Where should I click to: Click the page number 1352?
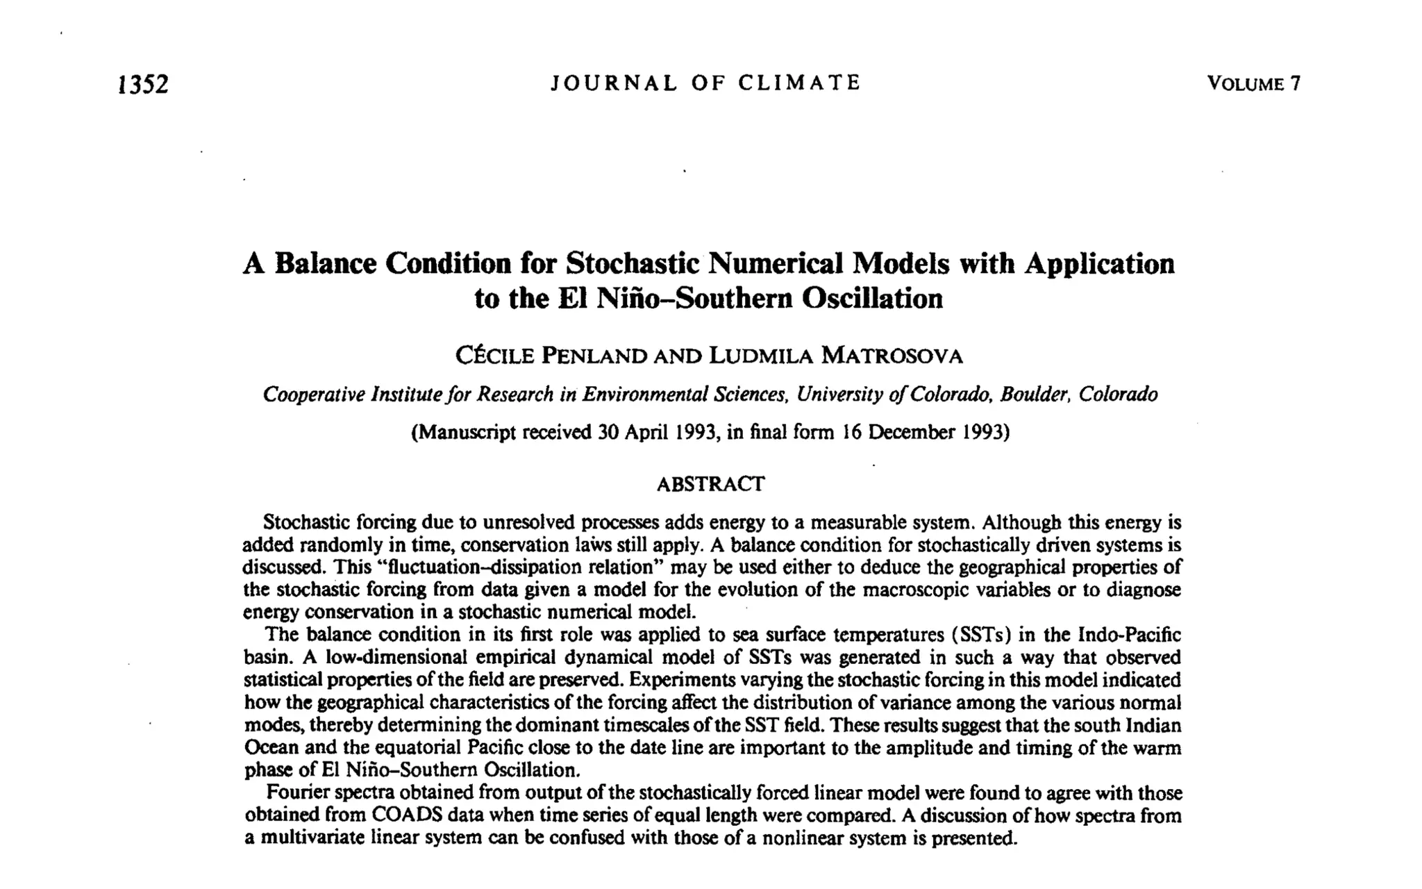tap(144, 84)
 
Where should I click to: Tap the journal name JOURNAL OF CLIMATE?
tap(705, 83)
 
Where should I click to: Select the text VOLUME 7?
tap(1253, 84)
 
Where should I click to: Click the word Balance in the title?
tap(325, 264)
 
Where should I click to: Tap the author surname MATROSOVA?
tap(892, 356)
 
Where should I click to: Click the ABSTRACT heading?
tap(710, 484)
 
